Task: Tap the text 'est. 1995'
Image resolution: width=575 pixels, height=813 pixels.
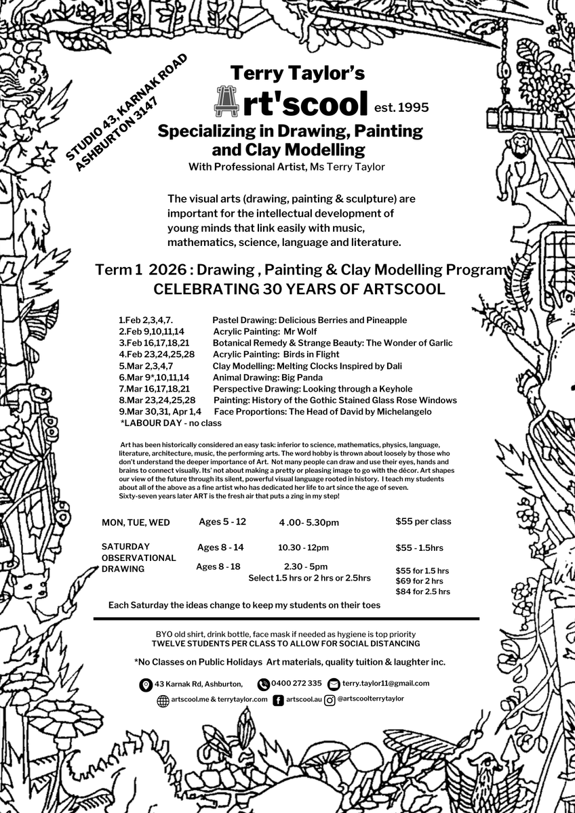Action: coord(401,106)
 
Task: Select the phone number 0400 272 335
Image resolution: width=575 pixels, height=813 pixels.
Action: coord(296,684)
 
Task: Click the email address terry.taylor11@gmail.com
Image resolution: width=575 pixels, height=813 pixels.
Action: coord(385,684)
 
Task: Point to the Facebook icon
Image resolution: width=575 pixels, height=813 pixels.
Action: coord(278,701)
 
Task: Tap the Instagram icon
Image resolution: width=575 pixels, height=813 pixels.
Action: coord(330,701)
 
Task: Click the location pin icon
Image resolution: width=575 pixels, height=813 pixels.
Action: coord(145,685)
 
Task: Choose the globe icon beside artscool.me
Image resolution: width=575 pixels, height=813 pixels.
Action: coord(163,701)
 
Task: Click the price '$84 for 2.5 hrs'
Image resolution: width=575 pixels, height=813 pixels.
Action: coord(422,591)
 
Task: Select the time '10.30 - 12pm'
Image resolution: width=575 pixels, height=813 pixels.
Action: coord(303,547)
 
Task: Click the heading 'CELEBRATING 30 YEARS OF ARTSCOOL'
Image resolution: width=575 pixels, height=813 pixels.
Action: coord(300,289)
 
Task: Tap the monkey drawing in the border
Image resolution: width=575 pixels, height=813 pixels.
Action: coord(520,163)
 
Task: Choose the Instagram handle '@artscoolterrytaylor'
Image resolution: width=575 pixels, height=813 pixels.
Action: coord(370,699)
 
